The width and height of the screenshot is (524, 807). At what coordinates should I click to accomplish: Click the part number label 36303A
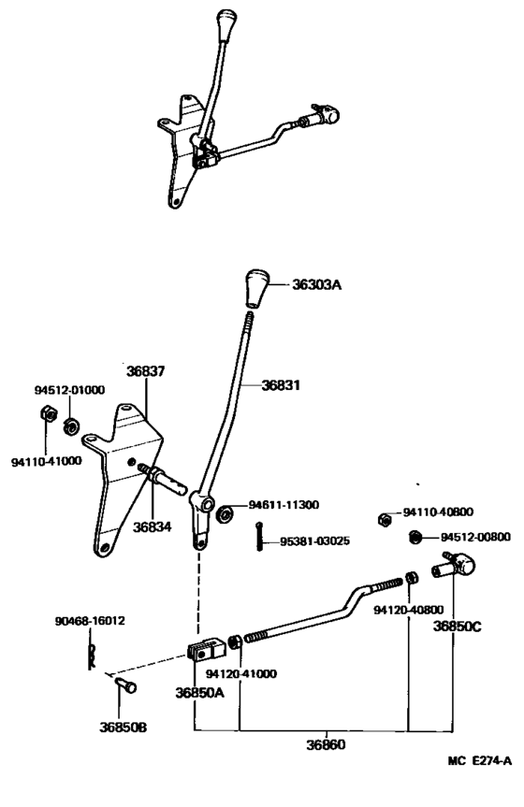coord(317,284)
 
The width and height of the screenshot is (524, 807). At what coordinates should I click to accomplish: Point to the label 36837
coord(147,371)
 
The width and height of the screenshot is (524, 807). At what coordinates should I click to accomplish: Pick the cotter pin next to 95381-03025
coord(258,536)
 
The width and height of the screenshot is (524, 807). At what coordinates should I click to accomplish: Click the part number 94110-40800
coord(438,512)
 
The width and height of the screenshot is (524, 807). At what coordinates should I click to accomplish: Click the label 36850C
coord(456,626)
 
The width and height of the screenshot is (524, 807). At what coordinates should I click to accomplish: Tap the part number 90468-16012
coord(91,619)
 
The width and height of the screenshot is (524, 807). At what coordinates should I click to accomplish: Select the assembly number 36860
coord(325,744)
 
